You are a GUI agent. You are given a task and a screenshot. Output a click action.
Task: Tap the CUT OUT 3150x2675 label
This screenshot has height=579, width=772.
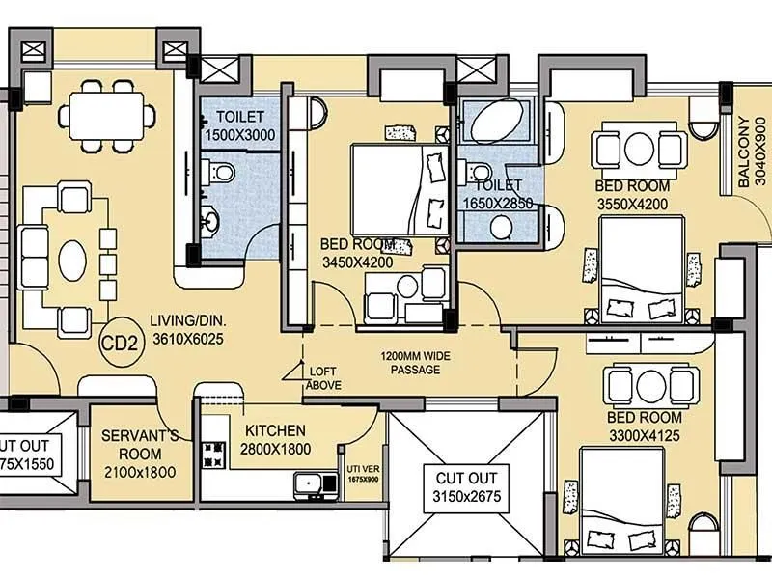pyautogui.click(x=466, y=488)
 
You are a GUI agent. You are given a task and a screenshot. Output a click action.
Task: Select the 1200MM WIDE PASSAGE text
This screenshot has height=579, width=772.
pyautogui.click(x=416, y=363)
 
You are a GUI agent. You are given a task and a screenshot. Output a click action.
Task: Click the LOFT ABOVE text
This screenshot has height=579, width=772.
pyautogui.click(x=322, y=377)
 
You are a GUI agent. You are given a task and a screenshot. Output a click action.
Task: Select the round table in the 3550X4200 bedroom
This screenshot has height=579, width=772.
pyautogui.click(x=641, y=150)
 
